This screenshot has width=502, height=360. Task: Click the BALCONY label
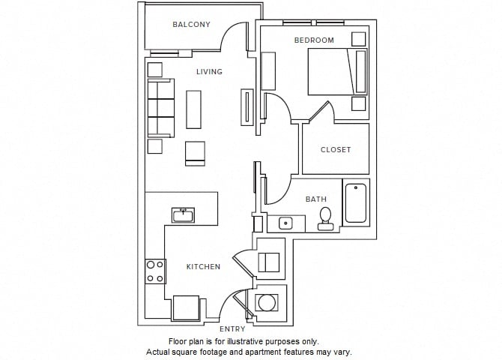[191, 25]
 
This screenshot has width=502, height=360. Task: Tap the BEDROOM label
[314, 40]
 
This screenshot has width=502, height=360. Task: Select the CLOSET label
[335, 149]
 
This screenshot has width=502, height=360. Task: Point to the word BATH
[315, 199]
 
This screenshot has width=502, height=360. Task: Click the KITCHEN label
[203, 266]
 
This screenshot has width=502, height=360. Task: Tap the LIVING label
[209, 72]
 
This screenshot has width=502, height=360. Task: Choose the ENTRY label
[232, 328]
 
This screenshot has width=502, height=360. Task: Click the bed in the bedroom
[336, 72]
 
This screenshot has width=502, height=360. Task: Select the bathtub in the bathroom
[356, 202]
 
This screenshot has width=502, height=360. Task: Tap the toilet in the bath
[325, 218]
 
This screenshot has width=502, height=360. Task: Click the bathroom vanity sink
[285, 223]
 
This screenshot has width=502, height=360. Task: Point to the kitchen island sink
[183, 216]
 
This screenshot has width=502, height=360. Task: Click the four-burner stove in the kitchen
[155, 271]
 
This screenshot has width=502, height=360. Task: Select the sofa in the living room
[160, 109]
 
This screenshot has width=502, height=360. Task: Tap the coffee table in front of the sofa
[194, 109]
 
